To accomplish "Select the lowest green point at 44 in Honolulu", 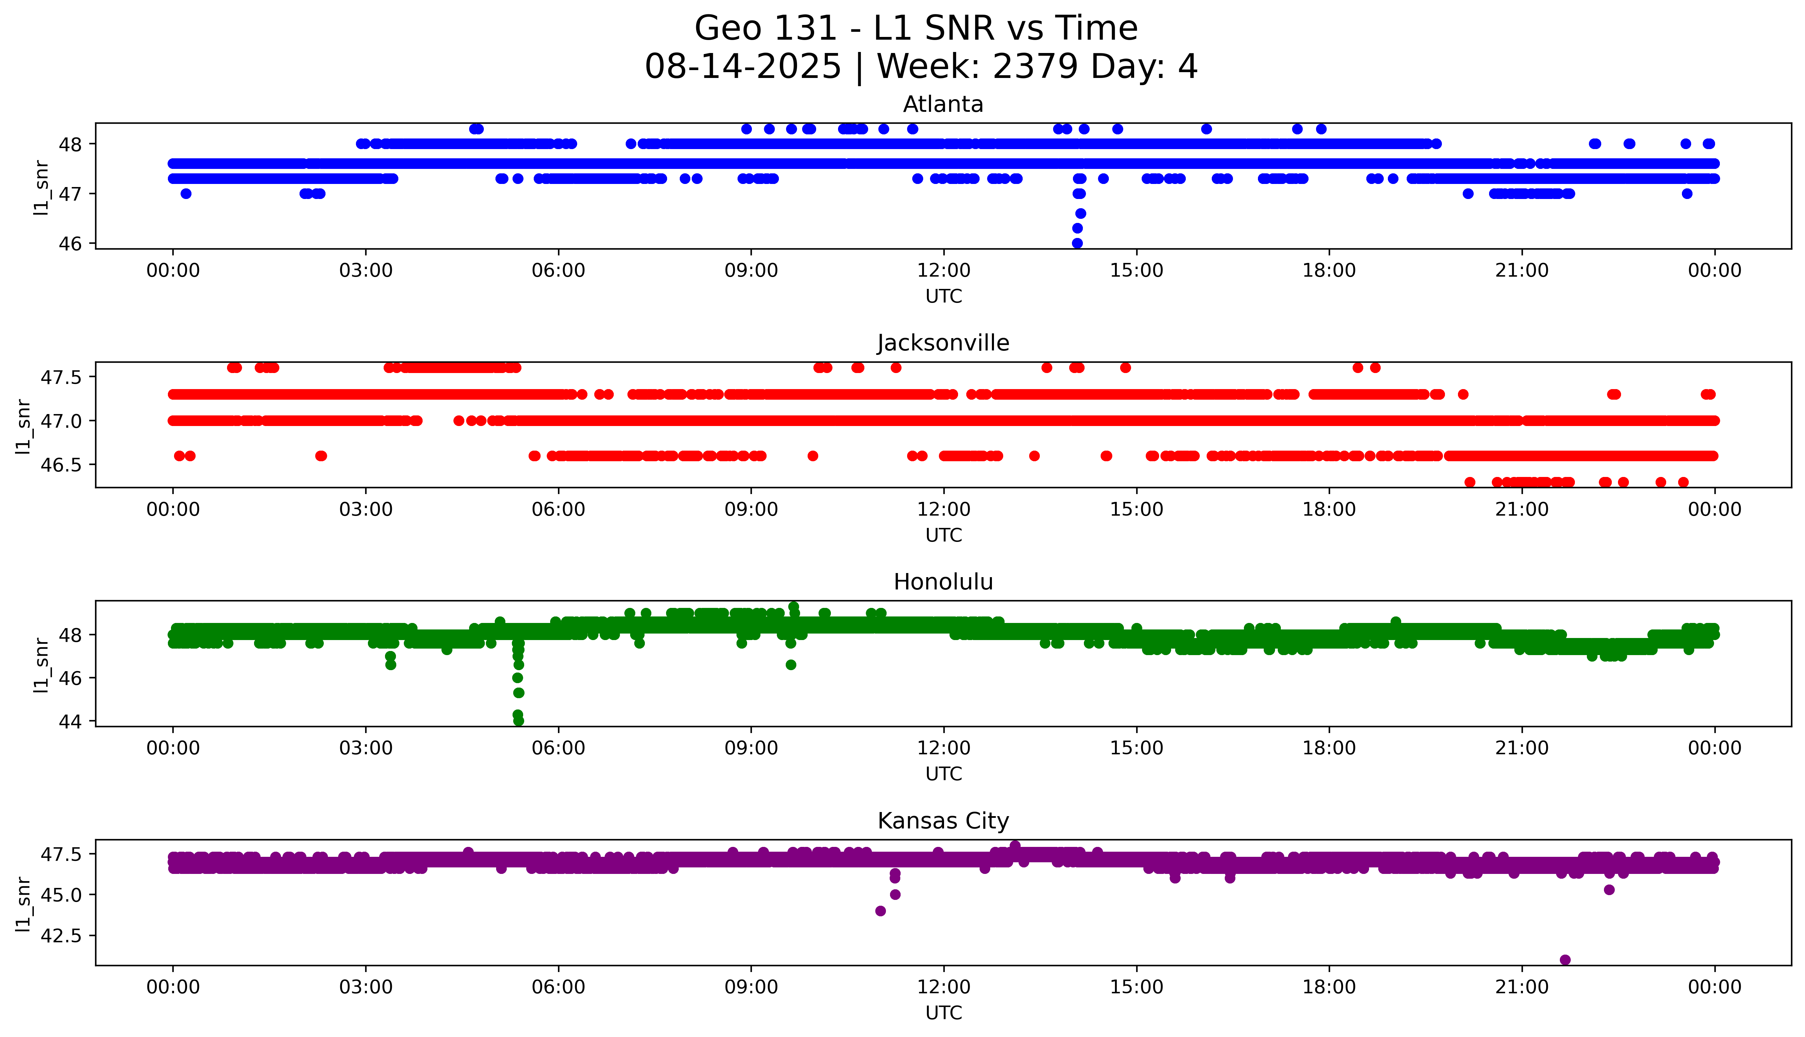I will coord(518,721).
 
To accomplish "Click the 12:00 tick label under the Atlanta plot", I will coord(943,271).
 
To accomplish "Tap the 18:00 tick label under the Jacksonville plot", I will coord(1329,509).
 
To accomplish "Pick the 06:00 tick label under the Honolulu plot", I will coord(558,748).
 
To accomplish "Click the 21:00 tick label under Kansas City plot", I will coord(1522,987).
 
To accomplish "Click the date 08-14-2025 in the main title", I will coord(743,67).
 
